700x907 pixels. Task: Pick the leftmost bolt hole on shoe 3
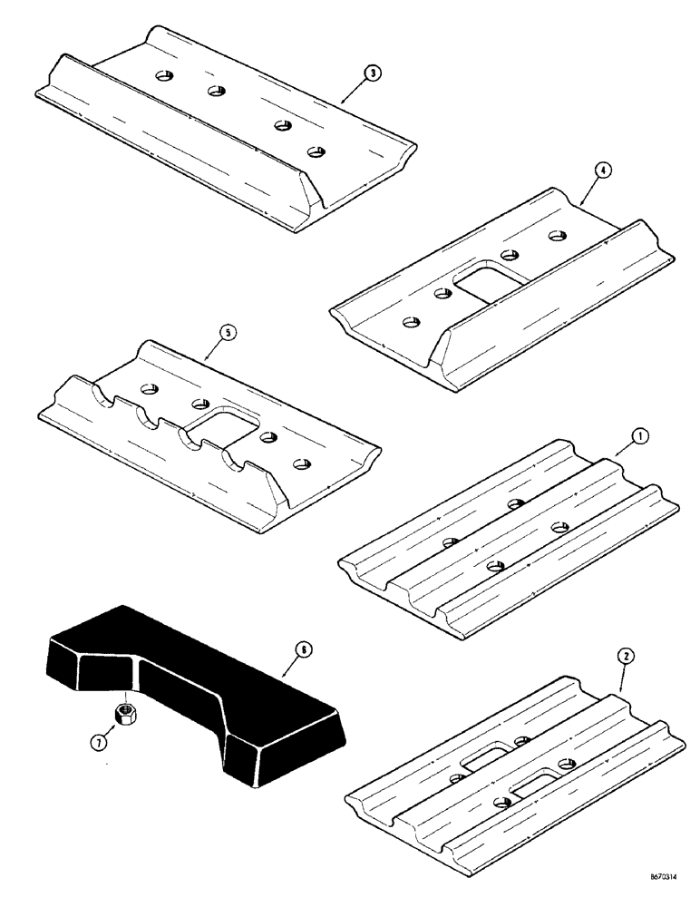166,74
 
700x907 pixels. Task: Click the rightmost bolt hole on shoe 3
316,151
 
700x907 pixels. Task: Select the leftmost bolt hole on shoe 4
411,321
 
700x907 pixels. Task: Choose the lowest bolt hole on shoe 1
494,567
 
